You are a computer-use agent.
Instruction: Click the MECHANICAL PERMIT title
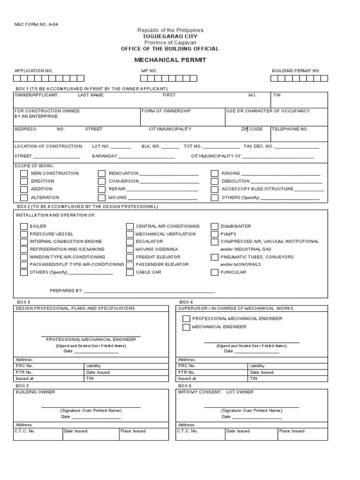170,60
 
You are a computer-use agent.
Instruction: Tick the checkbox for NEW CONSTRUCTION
24,173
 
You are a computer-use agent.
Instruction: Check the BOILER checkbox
24,226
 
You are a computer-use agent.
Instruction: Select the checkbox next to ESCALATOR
130,242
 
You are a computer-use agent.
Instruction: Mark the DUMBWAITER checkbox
214,226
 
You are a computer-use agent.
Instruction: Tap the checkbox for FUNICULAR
214,272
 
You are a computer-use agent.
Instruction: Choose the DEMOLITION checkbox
214,181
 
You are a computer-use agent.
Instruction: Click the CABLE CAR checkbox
130,272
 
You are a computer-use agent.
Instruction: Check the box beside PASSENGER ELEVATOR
130,265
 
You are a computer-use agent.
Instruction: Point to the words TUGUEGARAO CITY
170,36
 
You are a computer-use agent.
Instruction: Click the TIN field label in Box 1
277,95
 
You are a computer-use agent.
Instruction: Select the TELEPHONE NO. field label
290,129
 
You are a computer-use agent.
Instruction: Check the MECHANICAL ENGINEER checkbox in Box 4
186,327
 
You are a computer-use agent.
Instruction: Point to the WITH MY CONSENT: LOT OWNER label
216,392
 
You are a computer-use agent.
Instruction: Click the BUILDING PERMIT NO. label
296,71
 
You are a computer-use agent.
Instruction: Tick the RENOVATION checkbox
102,173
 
